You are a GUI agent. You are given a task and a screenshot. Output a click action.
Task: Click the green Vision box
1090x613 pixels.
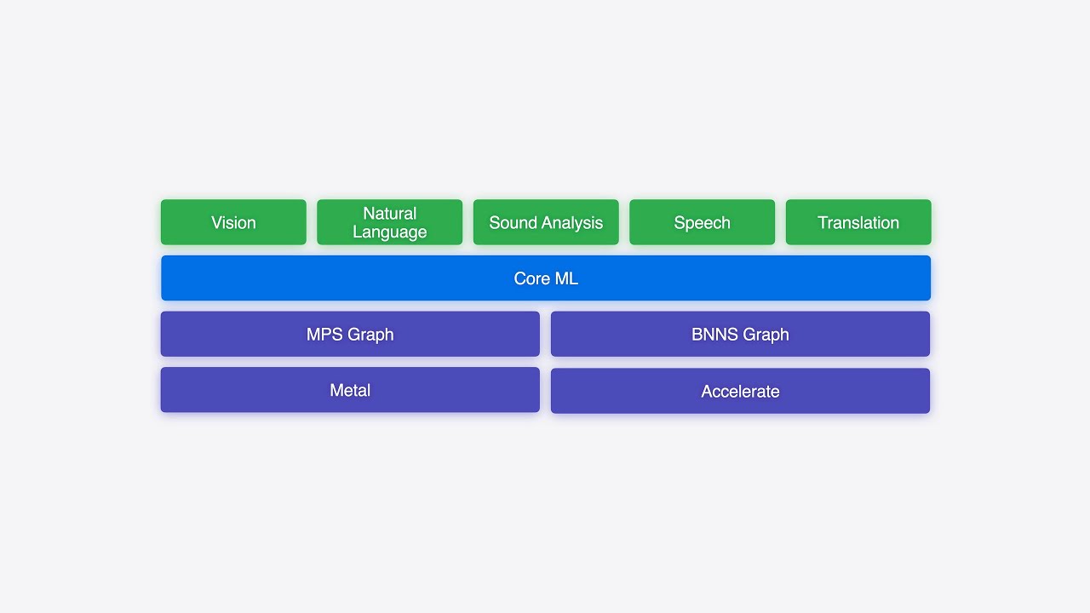pos(233,222)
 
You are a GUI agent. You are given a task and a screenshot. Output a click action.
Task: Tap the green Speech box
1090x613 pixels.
pos(702,222)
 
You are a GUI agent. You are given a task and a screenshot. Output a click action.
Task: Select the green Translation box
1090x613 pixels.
pos(858,222)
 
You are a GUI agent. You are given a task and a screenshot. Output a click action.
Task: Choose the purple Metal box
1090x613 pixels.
pos(350,390)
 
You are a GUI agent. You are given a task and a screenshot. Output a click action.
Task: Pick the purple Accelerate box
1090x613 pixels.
pos(740,391)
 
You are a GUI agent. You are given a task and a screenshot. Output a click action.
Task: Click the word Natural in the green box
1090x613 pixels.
pos(390,213)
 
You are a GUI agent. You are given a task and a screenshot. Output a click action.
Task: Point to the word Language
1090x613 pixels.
pos(390,232)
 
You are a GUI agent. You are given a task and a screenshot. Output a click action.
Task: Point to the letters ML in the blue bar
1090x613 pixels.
pos(567,278)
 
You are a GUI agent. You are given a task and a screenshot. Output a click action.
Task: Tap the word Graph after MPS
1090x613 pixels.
pos(371,335)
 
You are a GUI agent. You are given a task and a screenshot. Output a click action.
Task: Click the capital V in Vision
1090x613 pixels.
pos(216,223)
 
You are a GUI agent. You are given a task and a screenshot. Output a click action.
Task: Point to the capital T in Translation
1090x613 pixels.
pos(823,223)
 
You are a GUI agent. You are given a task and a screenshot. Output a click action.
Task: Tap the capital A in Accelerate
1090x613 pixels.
pos(707,392)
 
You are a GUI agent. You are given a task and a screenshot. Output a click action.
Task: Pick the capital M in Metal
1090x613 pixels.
pos(336,391)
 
